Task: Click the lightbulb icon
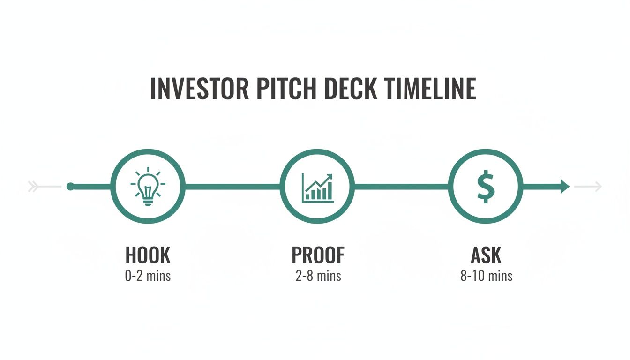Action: coord(148,186)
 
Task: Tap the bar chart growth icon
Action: coord(317,187)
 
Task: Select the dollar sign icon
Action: coord(486,186)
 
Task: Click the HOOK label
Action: coord(148,255)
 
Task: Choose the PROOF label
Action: coord(318,255)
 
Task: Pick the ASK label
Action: coord(486,255)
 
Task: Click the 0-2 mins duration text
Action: coord(148,276)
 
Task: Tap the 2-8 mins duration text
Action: coord(318,276)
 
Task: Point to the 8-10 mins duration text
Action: coord(486,276)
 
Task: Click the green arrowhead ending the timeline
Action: coord(564,187)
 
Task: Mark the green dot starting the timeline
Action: coord(70,187)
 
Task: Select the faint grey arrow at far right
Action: coord(588,187)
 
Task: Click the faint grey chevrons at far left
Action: coord(33,187)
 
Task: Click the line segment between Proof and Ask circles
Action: coord(401,187)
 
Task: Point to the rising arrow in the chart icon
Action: coord(323,180)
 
